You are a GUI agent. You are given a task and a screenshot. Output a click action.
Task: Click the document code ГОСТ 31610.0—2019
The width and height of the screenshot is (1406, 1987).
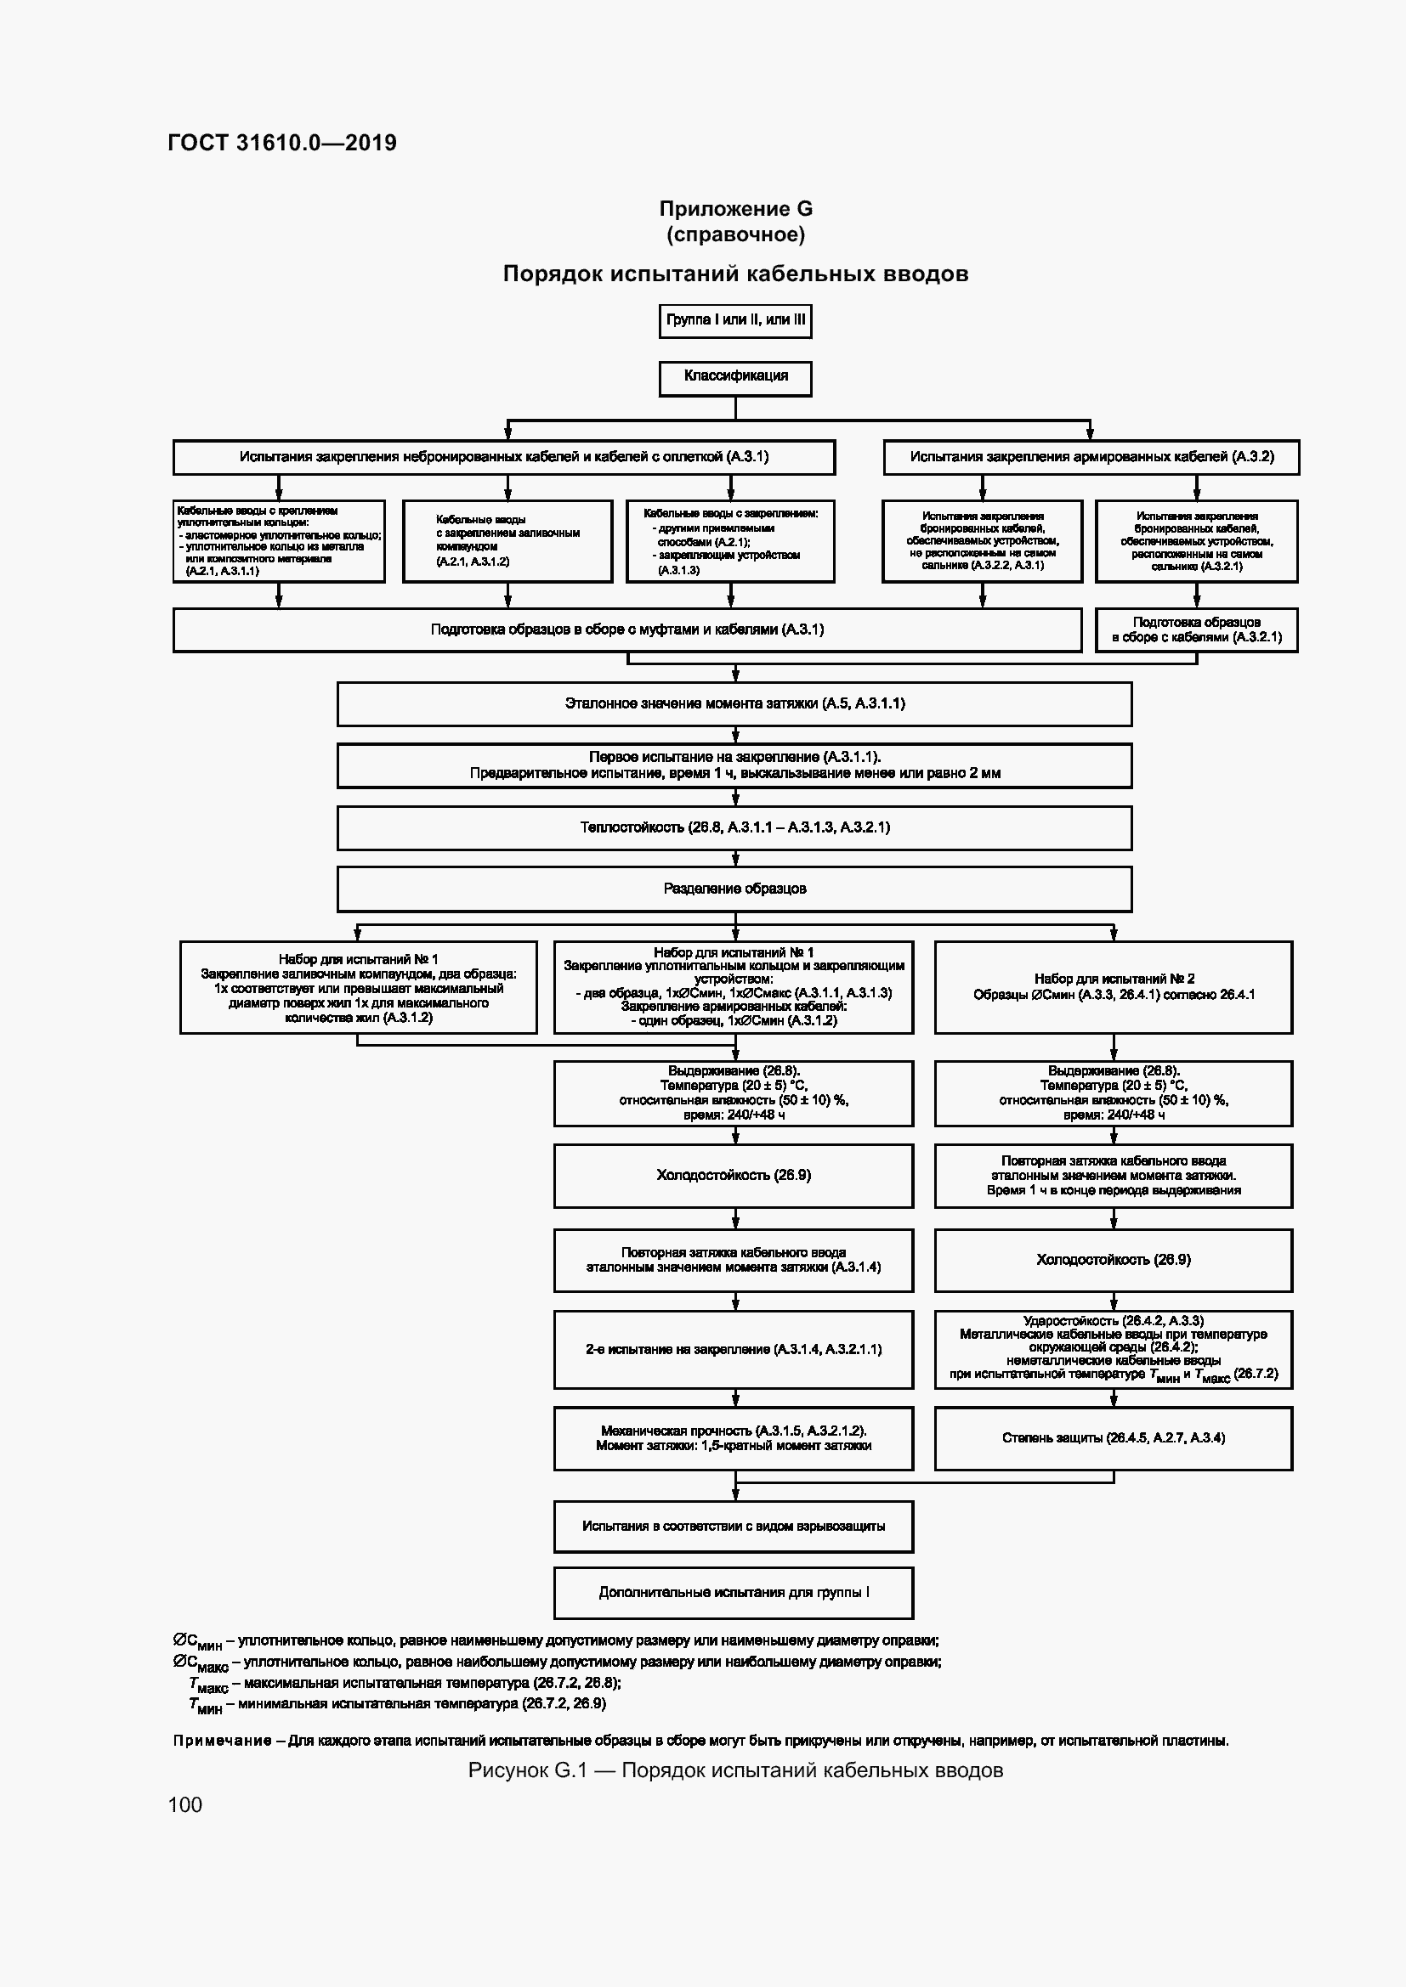(x=282, y=143)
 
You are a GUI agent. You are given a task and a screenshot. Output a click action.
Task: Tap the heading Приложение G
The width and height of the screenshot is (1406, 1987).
(x=735, y=209)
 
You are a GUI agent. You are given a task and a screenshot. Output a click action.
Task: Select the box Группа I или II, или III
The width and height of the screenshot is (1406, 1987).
(x=735, y=320)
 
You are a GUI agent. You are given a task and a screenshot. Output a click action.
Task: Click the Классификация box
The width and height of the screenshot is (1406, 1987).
(x=735, y=377)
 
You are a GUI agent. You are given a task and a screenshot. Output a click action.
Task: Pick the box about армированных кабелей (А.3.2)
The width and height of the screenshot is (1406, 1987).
(x=1091, y=457)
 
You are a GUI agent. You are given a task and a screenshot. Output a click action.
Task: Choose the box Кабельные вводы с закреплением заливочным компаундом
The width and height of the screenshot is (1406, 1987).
(x=507, y=541)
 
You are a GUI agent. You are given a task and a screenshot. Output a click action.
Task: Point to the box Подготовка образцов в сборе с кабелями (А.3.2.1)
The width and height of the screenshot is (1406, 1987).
(x=1196, y=630)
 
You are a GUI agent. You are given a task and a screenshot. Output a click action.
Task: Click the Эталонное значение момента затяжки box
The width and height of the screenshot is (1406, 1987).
(x=734, y=703)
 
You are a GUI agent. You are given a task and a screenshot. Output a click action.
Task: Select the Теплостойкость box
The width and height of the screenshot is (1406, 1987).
(x=734, y=827)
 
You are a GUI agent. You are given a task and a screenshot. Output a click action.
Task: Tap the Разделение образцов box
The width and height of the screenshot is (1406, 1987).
(x=734, y=889)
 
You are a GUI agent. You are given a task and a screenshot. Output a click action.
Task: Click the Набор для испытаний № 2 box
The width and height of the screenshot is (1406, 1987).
(x=1114, y=986)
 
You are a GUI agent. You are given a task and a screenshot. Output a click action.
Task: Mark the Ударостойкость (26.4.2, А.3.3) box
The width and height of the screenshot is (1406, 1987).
(x=1114, y=1349)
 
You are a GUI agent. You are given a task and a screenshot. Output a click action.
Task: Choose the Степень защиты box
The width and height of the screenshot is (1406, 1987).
(x=1114, y=1438)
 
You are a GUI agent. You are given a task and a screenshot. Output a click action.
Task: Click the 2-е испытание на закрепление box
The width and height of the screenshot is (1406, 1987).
(x=734, y=1349)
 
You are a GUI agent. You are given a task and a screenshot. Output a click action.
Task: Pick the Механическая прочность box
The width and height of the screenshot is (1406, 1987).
(x=734, y=1438)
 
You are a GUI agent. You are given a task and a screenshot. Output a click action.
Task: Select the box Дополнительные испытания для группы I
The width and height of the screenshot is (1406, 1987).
(x=734, y=1592)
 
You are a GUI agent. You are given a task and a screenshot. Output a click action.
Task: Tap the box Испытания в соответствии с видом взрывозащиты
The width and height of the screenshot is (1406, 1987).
(x=734, y=1527)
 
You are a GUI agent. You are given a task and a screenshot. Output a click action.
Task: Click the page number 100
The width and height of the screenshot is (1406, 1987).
(x=185, y=1804)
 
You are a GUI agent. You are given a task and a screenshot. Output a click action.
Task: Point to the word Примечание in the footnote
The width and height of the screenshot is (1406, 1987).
(x=223, y=1741)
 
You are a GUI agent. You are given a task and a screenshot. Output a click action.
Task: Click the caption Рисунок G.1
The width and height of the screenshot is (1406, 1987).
(x=735, y=1770)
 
